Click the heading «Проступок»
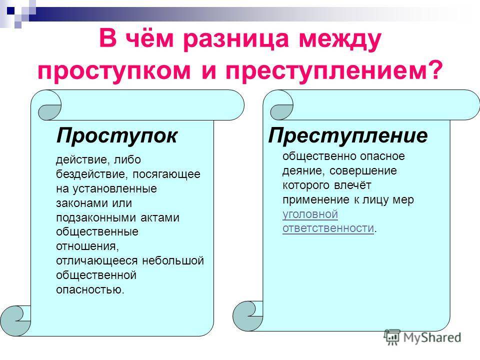point(116,135)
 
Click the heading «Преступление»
point(348,135)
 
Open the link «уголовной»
point(310,214)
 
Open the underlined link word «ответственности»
point(328,228)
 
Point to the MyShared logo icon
point(392,337)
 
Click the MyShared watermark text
point(432,337)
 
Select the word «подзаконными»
point(96,217)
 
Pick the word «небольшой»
point(173,260)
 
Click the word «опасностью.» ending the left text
point(90,289)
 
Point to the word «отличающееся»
point(96,261)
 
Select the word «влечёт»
point(352,185)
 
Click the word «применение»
point(316,200)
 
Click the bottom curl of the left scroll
point(15,320)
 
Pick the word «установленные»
point(114,189)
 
